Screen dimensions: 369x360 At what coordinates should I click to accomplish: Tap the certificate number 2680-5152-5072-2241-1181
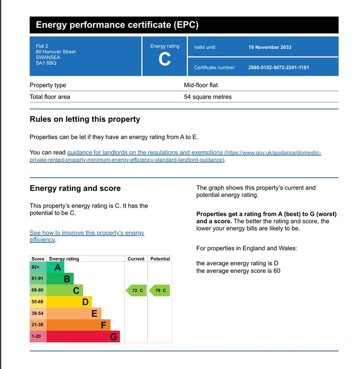(x=278, y=67)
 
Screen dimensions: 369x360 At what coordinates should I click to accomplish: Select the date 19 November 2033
(x=270, y=47)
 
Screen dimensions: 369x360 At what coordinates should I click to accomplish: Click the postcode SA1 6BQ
(x=46, y=63)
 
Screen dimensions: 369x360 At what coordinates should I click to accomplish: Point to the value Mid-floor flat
(x=201, y=85)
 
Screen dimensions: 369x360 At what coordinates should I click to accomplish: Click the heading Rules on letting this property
(x=84, y=119)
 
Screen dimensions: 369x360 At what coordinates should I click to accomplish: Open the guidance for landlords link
(x=145, y=153)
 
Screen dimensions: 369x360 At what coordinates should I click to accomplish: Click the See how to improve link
(x=87, y=233)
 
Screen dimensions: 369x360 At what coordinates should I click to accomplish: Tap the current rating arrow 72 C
(x=137, y=291)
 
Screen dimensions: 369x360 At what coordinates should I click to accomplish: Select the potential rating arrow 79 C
(x=160, y=291)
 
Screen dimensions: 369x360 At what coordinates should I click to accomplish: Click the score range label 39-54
(x=38, y=314)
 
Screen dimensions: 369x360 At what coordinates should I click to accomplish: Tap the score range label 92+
(x=36, y=268)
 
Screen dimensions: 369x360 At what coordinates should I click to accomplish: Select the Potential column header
(x=160, y=259)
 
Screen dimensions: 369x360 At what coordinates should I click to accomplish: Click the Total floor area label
(x=50, y=97)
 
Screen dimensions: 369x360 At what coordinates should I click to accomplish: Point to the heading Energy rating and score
(x=75, y=188)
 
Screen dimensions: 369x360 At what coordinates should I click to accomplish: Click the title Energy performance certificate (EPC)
(x=117, y=25)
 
